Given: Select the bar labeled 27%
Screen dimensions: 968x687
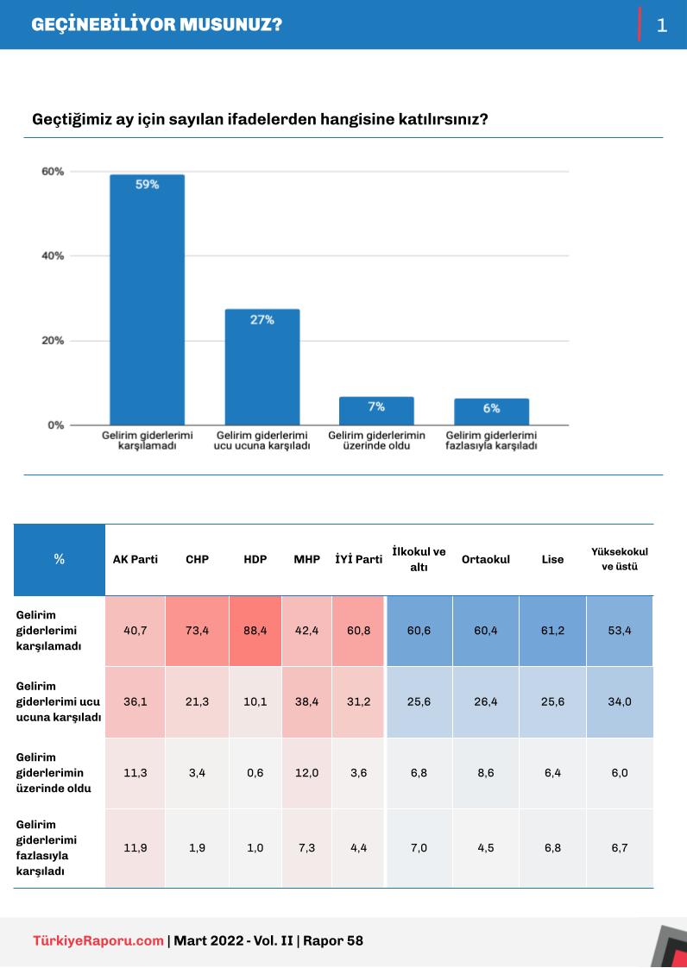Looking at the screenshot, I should click(x=262, y=367).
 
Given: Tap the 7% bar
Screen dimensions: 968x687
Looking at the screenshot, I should click(x=376, y=411).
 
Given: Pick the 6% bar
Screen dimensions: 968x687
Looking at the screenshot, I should click(x=491, y=412).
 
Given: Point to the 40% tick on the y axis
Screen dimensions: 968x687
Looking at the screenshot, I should click(x=53, y=256).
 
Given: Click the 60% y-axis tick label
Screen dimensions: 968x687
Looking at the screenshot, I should click(x=53, y=172).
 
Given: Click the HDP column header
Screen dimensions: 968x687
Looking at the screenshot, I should click(x=255, y=559).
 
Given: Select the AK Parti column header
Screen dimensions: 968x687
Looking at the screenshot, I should click(x=136, y=559).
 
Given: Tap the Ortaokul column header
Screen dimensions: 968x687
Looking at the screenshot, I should click(x=486, y=559).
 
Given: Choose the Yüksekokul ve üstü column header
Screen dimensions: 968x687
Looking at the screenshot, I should click(x=620, y=559).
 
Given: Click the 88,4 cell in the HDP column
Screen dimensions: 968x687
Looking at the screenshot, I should click(x=255, y=631).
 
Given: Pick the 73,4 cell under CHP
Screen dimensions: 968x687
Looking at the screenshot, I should click(x=197, y=631).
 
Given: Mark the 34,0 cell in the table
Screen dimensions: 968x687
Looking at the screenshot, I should click(x=620, y=701).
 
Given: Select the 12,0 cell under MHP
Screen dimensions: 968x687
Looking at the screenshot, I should click(x=306, y=773).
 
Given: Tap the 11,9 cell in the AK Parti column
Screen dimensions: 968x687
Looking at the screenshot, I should click(x=136, y=848).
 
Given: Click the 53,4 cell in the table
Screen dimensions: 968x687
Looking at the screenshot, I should click(x=620, y=631).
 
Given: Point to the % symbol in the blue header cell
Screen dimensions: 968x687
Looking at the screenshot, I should click(x=59, y=559).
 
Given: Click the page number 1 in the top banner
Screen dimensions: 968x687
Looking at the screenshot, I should click(x=662, y=25).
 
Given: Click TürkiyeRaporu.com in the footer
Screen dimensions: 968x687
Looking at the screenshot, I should click(x=98, y=940).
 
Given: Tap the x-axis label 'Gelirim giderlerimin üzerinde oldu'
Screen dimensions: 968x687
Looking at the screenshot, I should click(x=376, y=441).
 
